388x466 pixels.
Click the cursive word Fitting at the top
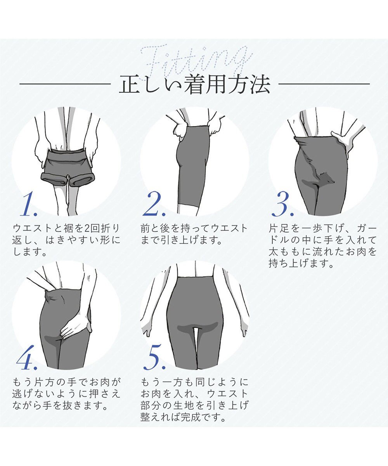click(197, 60)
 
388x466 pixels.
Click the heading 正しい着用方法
click(195, 84)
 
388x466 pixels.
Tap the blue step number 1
click(29, 204)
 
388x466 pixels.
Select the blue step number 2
click(154, 204)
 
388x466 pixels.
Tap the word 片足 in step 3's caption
click(279, 228)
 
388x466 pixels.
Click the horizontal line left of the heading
click(65, 84)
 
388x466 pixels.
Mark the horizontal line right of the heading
click(324, 84)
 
